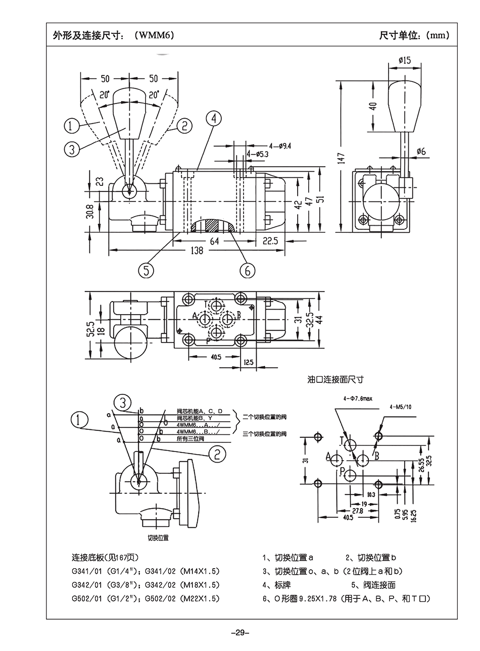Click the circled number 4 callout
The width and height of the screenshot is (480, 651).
[x=214, y=119]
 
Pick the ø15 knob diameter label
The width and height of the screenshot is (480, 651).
[x=404, y=60]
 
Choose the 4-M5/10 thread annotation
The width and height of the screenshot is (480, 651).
[x=401, y=407]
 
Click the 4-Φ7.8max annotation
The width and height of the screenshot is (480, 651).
[x=357, y=398]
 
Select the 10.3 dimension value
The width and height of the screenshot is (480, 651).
[x=371, y=494]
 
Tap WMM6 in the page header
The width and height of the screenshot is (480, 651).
[x=158, y=35]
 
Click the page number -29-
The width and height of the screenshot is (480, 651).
[x=239, y=632]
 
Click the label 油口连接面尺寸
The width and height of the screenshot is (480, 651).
[x=335, y=379]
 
